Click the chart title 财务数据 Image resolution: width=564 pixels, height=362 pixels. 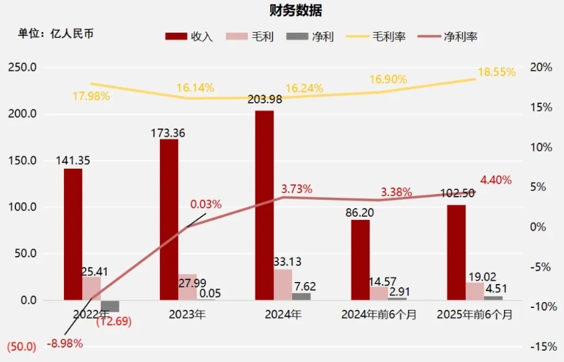click(282, 11)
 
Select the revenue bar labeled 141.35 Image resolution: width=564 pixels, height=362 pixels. click(73, 234)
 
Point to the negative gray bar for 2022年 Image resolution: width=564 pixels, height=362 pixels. click(110, 306)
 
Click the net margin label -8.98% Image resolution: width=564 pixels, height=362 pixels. click(65, 343)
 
